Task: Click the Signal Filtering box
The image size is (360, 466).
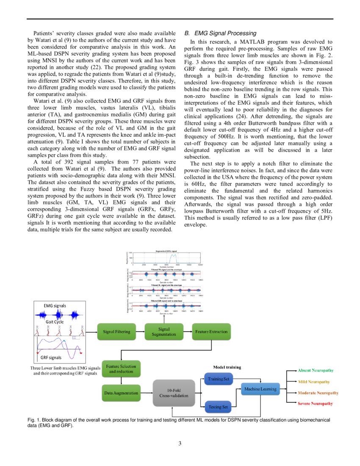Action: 116,332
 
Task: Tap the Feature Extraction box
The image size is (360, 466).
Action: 211,332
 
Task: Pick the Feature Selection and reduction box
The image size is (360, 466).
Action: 122,369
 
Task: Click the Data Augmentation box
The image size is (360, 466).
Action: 121,393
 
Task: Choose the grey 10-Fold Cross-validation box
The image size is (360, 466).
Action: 174,392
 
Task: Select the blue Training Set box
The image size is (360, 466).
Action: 219,379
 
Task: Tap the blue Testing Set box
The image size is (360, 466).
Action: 219,407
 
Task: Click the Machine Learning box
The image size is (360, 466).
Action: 260,389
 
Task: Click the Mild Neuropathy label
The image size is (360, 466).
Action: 314,382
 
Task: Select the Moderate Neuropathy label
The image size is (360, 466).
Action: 318,393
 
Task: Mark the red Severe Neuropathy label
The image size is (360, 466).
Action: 315,404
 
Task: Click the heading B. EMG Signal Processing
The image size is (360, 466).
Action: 220,33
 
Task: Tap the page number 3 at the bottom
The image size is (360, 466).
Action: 180,444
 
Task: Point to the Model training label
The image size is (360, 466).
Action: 227,367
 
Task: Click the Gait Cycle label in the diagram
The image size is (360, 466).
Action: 55,322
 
